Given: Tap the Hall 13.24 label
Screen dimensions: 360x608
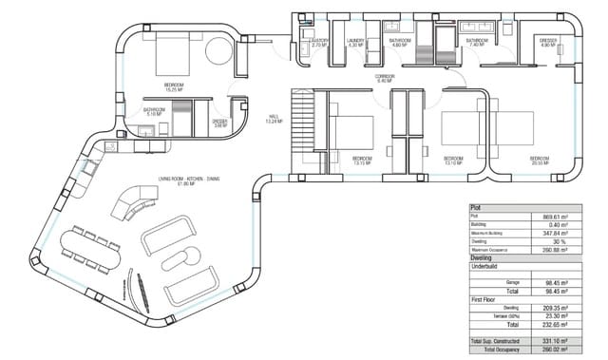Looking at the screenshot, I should pos(272,121).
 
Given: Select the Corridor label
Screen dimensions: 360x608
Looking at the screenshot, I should pos(384,80).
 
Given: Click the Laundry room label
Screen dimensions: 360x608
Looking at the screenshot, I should pos(355,43).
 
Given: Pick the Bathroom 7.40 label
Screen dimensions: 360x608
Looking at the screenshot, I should pos(476,43).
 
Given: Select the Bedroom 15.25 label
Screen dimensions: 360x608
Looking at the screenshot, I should pos(174,86).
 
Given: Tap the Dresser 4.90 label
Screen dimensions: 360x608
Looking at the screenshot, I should pos(547,43).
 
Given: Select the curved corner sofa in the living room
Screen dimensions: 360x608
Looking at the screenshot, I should pos(133,202).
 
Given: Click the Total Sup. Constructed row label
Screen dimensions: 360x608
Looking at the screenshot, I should pos(498,340).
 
